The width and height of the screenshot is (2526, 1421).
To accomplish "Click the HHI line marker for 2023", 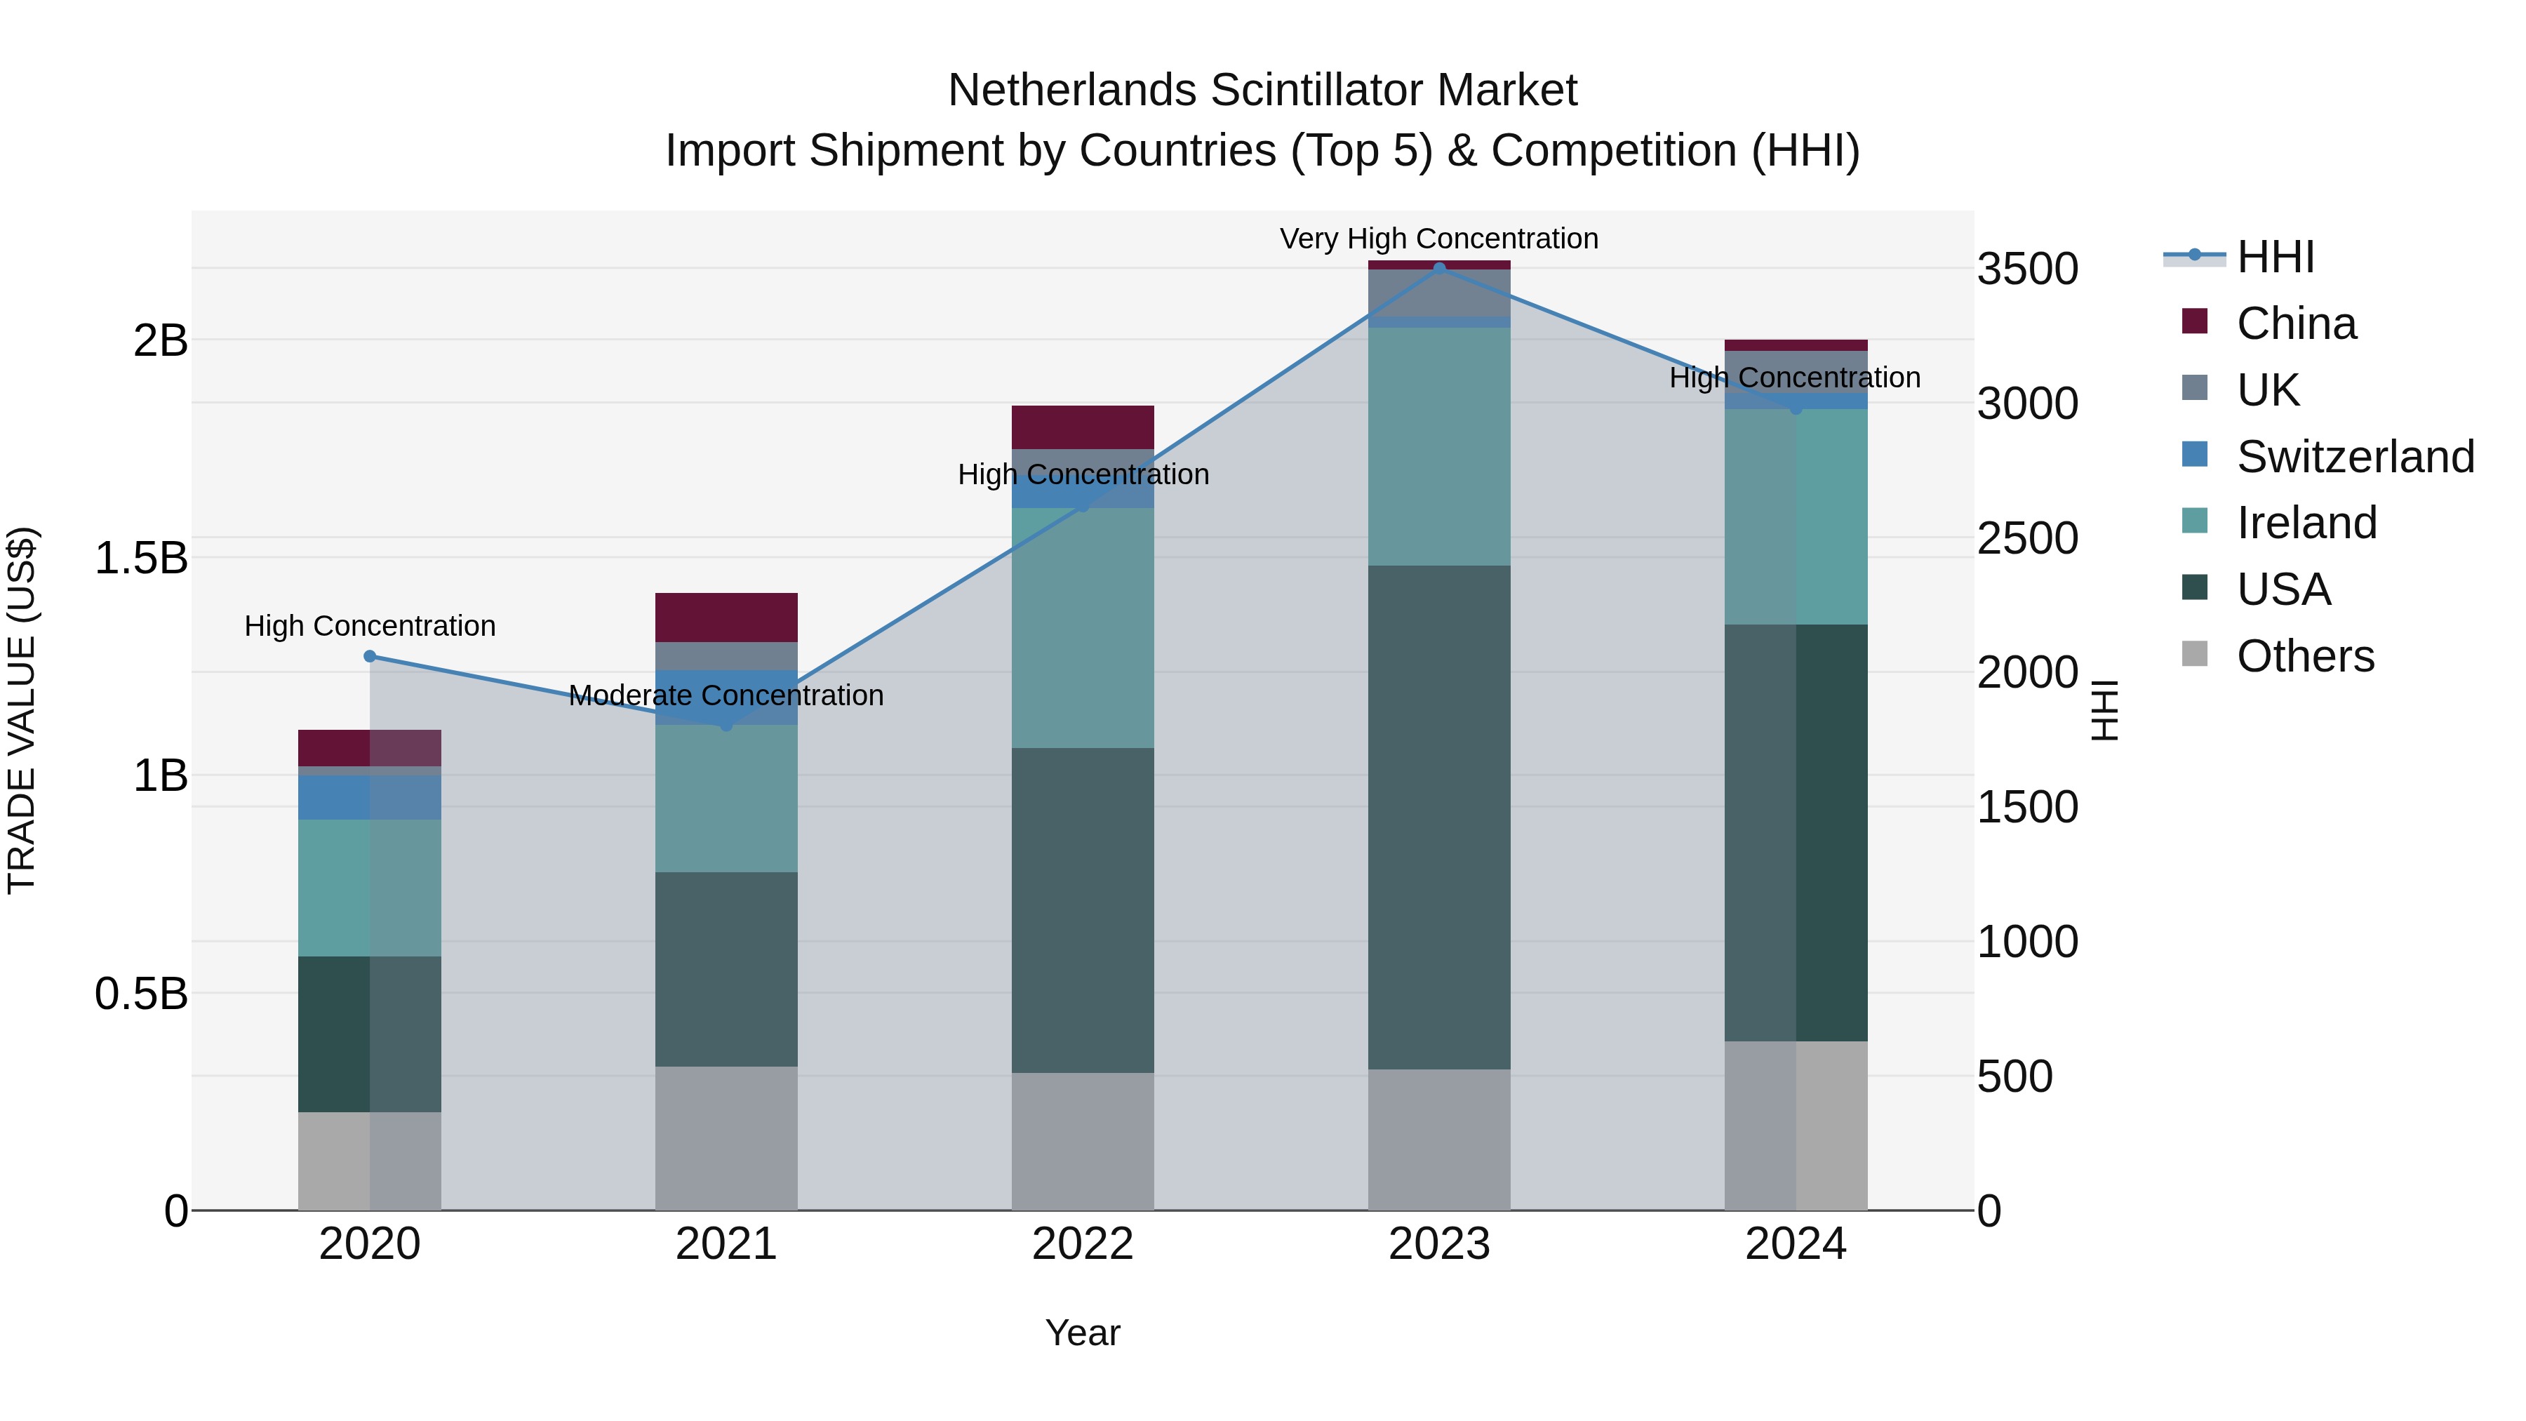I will (1438, 268).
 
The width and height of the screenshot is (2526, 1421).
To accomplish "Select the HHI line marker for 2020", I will (370, 656).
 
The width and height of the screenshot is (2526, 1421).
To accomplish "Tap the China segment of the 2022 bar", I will (1083, 427).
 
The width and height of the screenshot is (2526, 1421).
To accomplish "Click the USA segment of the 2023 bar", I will (1438, 816).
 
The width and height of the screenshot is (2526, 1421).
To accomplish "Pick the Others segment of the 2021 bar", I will (726, 1138).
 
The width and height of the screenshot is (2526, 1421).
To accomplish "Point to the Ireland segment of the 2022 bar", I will (1083, 627).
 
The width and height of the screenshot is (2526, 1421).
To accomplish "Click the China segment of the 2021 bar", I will (726, 617).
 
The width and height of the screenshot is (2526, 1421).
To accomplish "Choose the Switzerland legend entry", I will (2354, 457).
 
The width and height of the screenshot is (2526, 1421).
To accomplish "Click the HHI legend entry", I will (2275, 257).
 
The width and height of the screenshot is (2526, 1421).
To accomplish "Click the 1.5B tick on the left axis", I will (141, 558).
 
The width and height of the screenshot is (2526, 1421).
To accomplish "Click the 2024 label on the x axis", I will (1796, 1244).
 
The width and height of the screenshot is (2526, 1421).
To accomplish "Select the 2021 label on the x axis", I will (726, 1244).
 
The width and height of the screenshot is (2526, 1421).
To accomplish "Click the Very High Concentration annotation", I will (1438, 239).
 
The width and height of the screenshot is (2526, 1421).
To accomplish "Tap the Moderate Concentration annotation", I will (726, 695).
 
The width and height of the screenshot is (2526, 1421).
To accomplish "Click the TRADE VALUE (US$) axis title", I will (22, 710).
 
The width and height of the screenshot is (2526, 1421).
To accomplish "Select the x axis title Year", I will (1083, 1333).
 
